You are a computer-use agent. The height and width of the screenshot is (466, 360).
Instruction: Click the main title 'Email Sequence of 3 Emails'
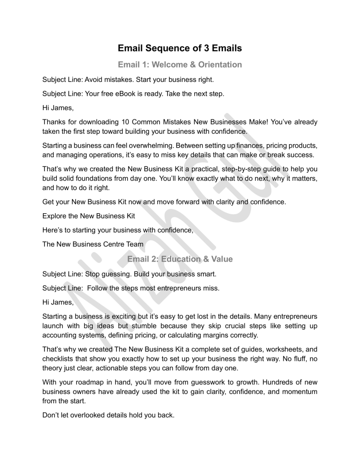pos(180,48)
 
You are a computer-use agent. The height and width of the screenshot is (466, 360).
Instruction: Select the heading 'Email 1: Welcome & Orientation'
pos(180,65)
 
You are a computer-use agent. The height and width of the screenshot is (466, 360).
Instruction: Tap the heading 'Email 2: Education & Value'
pos(180,259)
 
